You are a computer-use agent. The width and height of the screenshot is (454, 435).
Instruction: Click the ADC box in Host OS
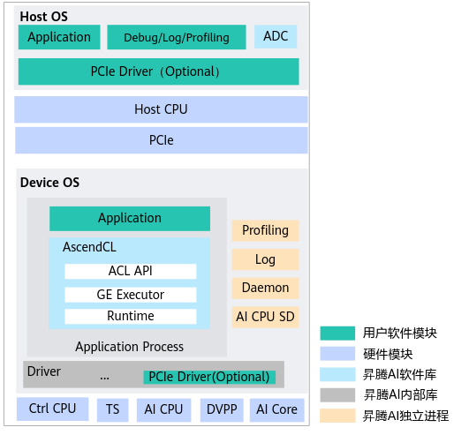coord(276,36)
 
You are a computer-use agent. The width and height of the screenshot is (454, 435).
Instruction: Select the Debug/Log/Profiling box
coord(177,37)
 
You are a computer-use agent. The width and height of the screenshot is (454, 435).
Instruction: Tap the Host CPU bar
coord(161,109)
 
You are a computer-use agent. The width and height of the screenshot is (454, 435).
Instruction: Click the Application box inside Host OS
coord(59,37)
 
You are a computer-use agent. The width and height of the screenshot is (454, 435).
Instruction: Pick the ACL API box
coord(131,271)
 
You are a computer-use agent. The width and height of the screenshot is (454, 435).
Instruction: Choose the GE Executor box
coord(131,295)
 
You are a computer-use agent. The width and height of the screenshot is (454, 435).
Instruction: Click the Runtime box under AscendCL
coord(131,316)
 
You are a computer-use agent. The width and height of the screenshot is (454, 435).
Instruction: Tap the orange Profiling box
coord(265,230)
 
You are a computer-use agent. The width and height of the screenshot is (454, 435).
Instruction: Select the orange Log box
coord(265,259)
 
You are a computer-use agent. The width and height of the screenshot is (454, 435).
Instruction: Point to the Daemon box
coord(265,289)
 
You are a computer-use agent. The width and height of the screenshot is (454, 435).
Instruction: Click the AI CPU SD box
coord(265,317)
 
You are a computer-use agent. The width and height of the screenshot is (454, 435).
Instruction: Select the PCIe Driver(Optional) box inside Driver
coord(209,378)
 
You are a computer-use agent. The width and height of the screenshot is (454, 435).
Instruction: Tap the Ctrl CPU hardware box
coord(53,409)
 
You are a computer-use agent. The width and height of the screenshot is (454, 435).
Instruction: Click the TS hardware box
coord(113,410)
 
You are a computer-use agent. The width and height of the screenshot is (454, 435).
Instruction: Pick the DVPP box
coord(222,410)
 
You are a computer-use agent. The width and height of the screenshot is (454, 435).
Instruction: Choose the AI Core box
coord(276,410)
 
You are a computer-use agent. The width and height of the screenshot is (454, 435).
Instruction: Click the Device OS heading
coord(49,183)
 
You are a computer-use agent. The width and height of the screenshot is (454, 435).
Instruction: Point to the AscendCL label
coord(89,247)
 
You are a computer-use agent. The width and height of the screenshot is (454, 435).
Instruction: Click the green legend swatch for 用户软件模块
coord(337,334)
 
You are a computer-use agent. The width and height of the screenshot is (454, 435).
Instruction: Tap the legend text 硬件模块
coord(388,354)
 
